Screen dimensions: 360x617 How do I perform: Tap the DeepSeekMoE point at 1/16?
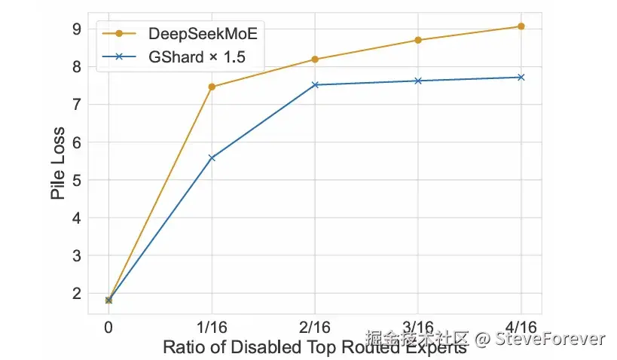212,87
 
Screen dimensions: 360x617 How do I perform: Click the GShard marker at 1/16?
212,157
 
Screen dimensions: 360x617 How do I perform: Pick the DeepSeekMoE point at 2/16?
315,59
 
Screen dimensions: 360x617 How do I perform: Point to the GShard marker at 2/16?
315,84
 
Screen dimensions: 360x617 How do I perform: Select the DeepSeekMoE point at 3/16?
418,40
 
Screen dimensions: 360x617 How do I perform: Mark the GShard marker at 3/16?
418,81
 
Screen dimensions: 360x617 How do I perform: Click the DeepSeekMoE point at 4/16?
521,26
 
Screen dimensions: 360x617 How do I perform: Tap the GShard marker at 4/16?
521,77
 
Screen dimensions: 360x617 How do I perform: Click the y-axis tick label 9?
77,29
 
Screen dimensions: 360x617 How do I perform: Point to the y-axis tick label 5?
77,180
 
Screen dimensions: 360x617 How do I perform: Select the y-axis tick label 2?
77,294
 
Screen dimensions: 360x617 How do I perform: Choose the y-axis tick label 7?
77,105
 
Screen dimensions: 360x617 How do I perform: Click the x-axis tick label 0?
108,328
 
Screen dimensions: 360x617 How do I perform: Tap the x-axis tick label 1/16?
212,328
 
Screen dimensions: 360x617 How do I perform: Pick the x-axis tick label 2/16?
315,328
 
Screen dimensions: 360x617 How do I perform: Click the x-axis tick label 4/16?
521,328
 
